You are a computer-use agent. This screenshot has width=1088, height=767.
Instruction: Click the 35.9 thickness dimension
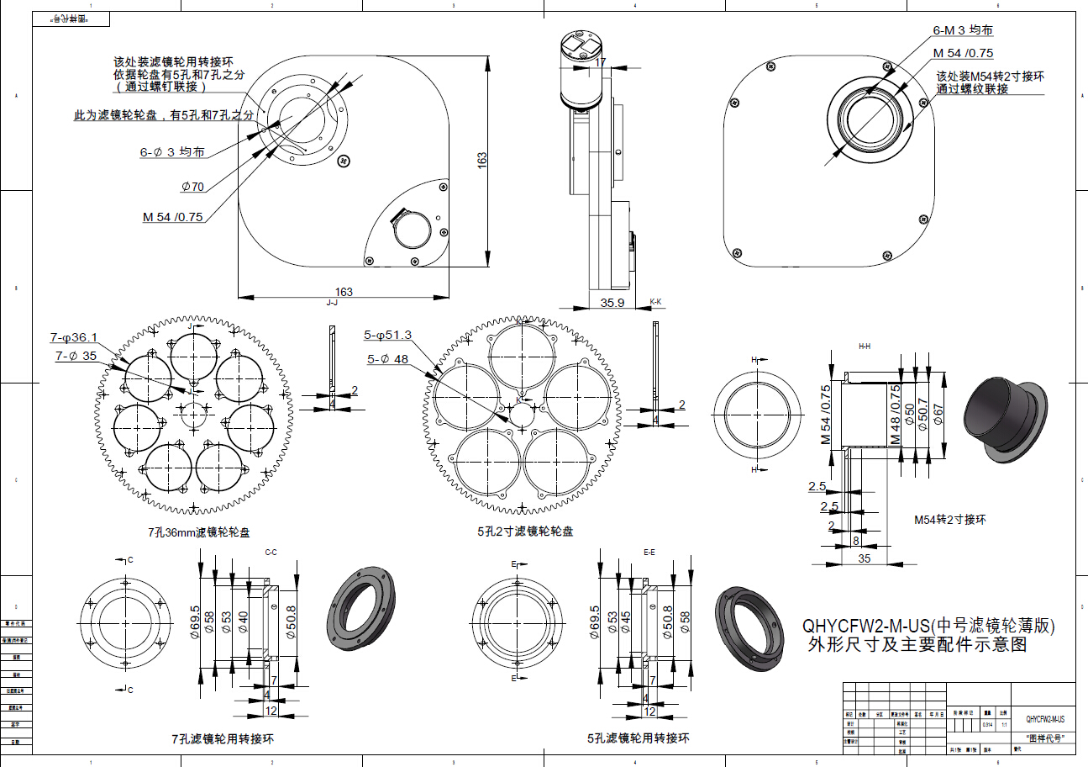[612, 303]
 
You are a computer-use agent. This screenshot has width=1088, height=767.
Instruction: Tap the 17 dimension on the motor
[600, 61]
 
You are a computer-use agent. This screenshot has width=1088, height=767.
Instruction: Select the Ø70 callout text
[192, 187]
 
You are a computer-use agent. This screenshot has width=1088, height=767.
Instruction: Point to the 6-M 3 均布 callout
[963, 30]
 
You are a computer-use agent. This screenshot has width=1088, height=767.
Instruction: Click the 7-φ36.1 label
[74, 338]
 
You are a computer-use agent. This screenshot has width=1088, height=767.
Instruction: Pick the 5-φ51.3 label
[387, 335]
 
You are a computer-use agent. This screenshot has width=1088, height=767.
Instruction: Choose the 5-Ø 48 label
[387, 358]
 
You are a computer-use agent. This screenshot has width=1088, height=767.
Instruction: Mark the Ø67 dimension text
[938, 414]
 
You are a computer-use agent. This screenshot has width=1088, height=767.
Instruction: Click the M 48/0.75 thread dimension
[896, 415]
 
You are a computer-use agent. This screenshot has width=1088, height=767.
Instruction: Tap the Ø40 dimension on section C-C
[243, 622]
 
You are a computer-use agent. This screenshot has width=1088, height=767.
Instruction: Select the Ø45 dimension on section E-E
[626, 622]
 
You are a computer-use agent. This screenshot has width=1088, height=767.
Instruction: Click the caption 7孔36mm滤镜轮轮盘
[199, 532]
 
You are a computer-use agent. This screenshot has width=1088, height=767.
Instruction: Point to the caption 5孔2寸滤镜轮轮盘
[525, 532]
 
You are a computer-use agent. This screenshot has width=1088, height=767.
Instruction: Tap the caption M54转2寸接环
[950, 520]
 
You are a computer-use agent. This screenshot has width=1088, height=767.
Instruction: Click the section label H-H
[864, 346]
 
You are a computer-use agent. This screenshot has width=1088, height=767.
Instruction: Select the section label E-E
[649, 553]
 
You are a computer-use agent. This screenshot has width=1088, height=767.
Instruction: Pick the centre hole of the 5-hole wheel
[525, 413]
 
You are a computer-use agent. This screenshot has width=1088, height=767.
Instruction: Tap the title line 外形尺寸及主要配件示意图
[916, 646]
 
